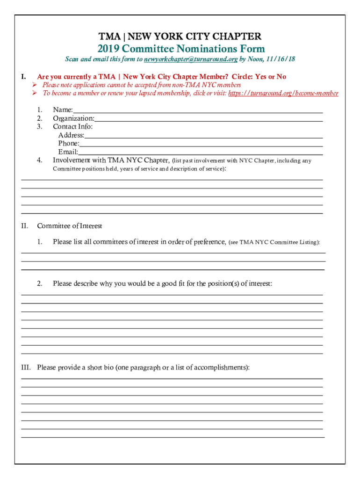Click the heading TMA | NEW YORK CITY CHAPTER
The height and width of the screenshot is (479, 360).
pyautogui.click(x=180, y=36)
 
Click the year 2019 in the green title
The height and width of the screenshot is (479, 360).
pyautogui.click(x=108, y=49)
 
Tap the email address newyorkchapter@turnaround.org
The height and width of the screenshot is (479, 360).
pyautogui.click(x=191, y=59)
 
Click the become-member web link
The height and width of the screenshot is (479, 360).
pyautogui.click(x=283, y=93)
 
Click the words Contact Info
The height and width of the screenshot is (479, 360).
pyautogui.click(x=72, y=127)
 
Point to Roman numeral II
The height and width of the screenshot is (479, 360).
pyautogui.click(x=25, y=226)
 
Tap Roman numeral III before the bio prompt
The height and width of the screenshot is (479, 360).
pyautogui.click(x=26, y=367)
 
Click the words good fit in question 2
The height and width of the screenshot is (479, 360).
pyautogui.click(x=173, y=283)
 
